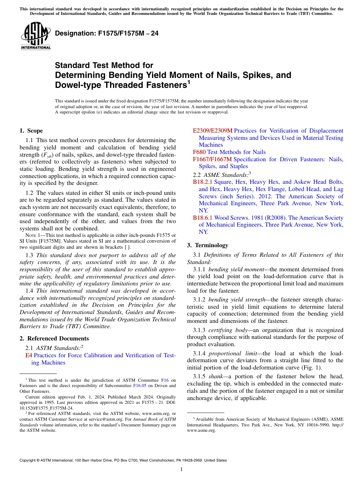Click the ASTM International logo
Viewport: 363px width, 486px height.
(36, 36)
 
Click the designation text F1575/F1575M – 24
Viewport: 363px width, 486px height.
(107, 34)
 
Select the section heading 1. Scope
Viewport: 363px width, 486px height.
(31, 131)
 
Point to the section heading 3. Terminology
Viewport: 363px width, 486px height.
(207, 245)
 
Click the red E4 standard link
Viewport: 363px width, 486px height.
(28, 355)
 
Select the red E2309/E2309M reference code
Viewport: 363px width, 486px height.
(212, 131)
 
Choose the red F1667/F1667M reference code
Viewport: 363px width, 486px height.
(212, 159)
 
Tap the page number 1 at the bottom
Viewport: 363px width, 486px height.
(181, 470)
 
